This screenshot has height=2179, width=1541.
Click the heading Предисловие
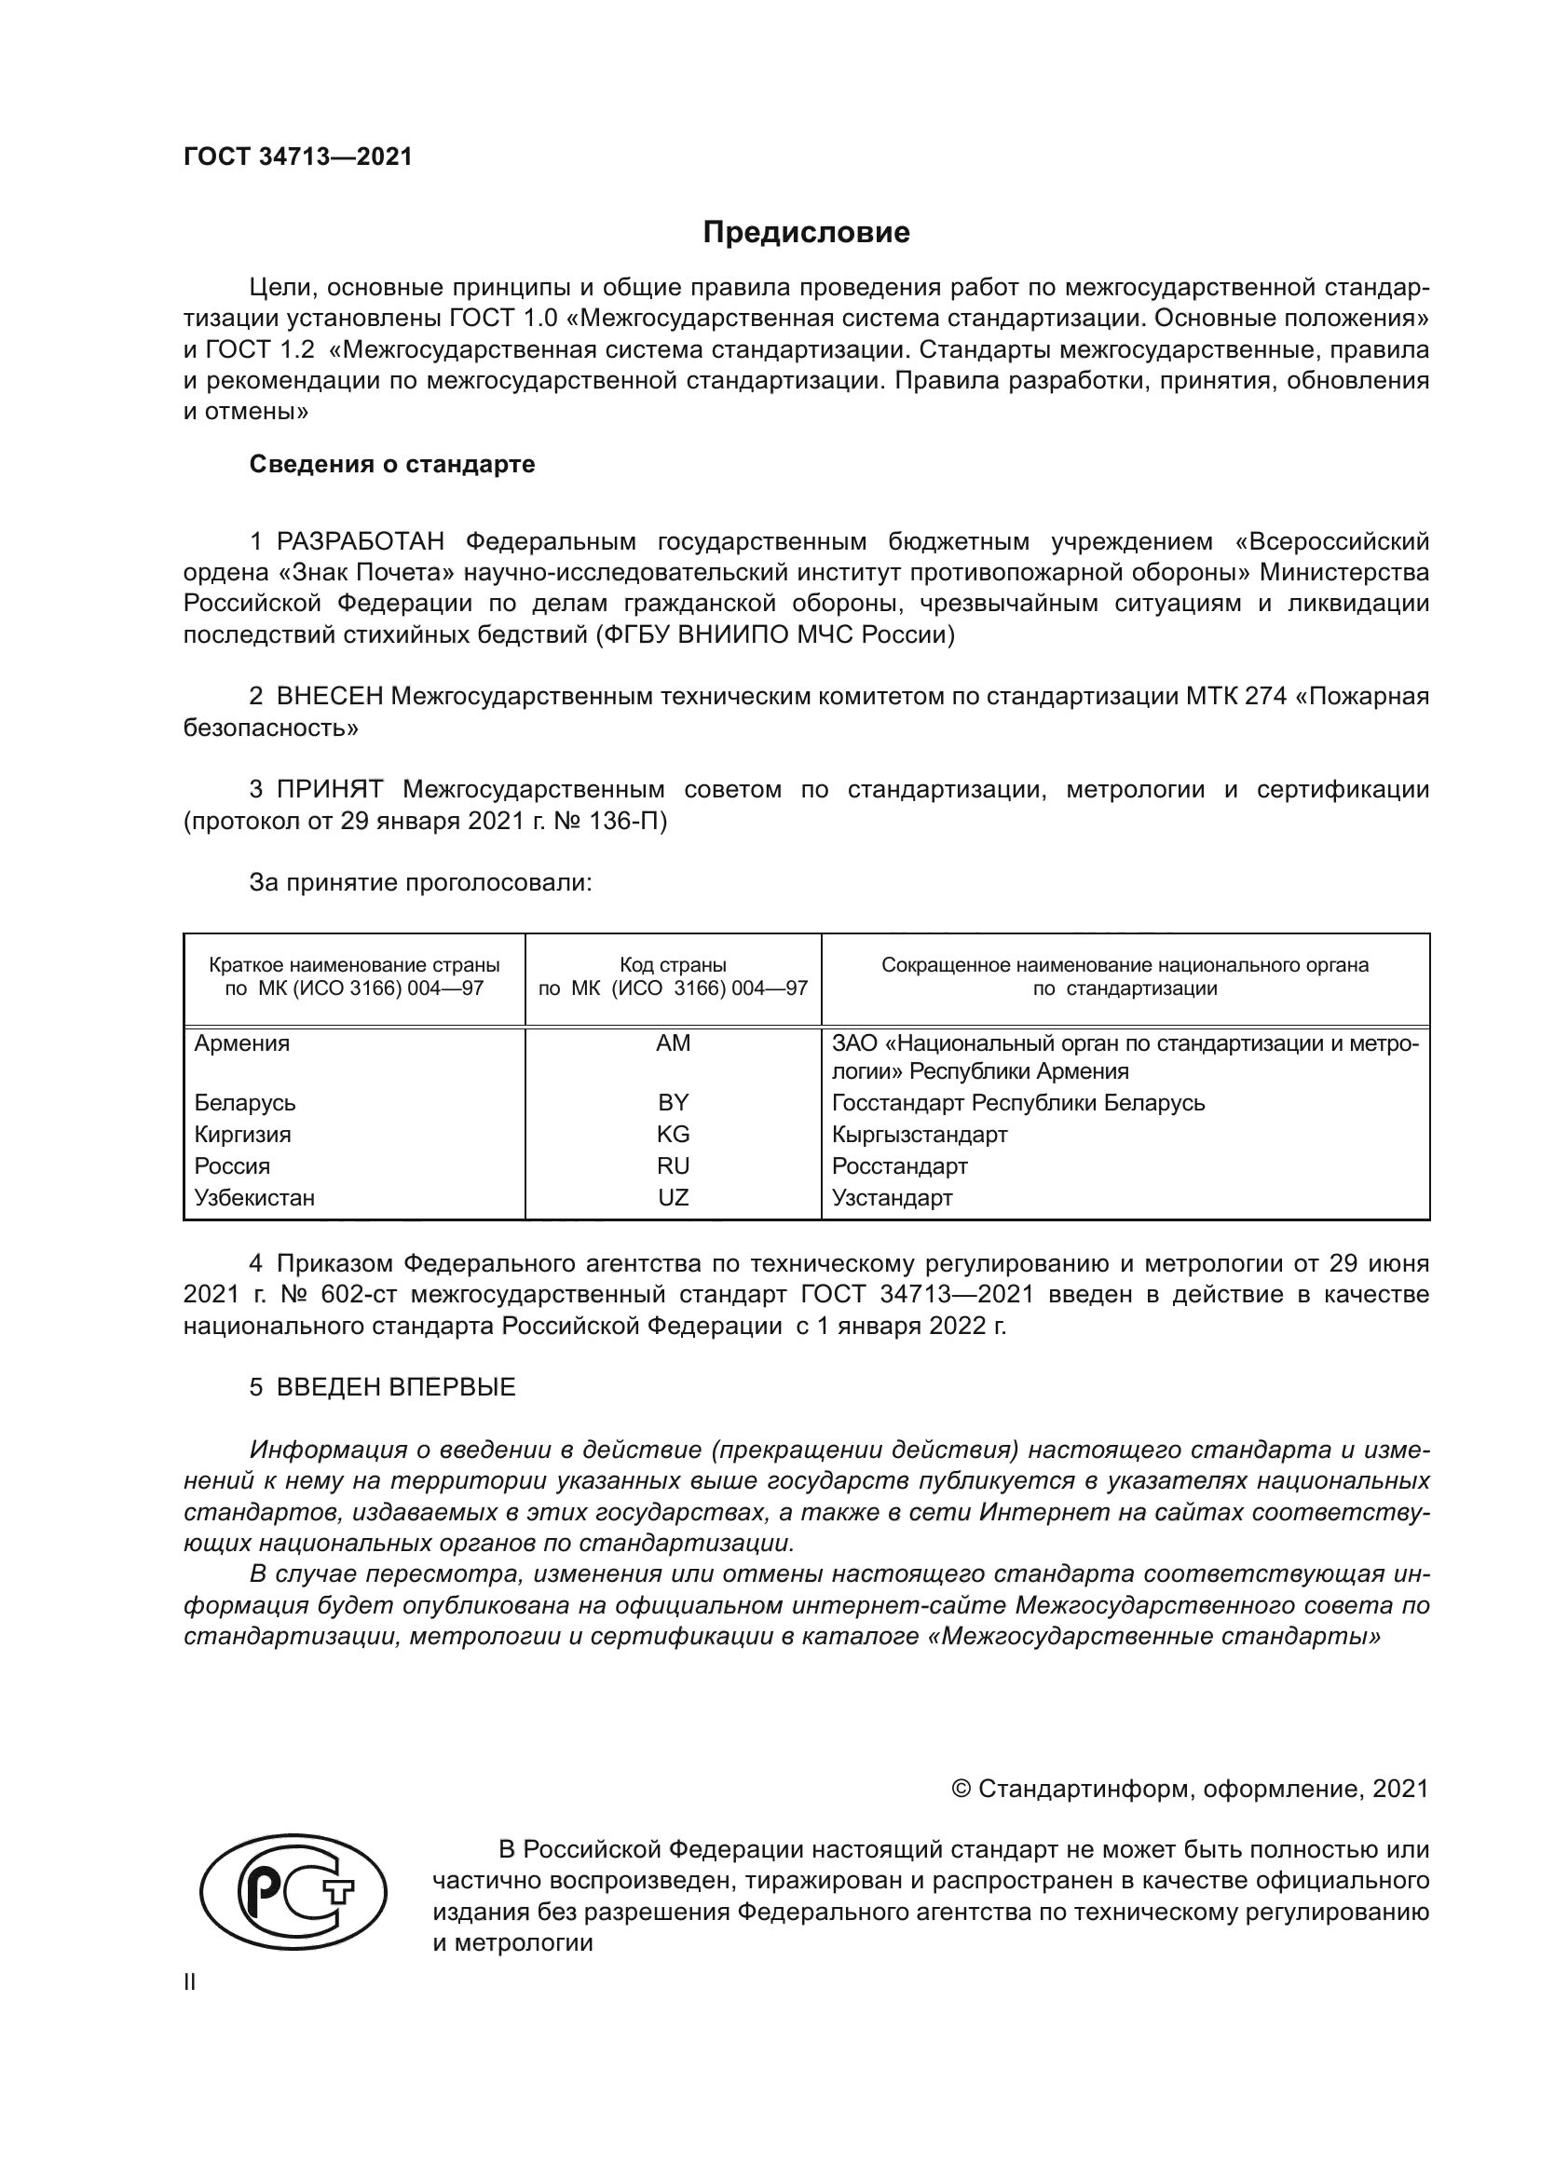806,233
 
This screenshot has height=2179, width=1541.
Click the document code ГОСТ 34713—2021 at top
298,157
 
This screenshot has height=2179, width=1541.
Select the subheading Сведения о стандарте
392,464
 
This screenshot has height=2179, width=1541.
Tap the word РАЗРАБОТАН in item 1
360,542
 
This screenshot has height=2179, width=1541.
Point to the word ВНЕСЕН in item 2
329,697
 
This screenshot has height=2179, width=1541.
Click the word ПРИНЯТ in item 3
329,790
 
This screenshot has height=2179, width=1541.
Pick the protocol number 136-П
628,821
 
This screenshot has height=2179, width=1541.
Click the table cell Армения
242,1044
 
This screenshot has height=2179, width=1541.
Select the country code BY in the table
673,1103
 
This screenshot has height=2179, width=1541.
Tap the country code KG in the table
673,1134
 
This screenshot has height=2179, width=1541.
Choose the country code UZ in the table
673,1198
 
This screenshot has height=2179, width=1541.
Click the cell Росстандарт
900,1166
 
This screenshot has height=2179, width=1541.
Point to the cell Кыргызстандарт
920,1134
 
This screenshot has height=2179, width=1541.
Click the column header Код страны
673,965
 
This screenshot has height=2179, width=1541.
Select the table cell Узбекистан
254,1198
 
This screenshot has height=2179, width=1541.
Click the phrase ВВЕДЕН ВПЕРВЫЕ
396,1387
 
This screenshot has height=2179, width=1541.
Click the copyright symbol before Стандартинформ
961,1789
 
